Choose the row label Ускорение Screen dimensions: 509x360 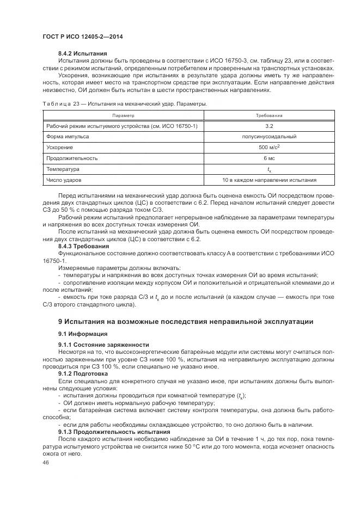[59, 148]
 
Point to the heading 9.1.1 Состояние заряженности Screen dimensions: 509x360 [103, 345]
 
